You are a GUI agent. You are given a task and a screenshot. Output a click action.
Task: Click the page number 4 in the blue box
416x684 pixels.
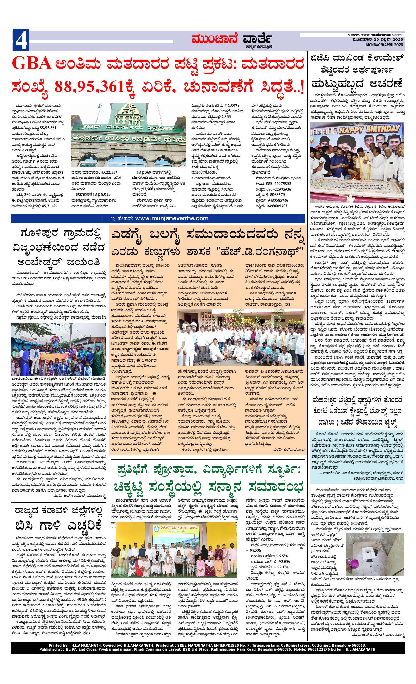coord(21,40)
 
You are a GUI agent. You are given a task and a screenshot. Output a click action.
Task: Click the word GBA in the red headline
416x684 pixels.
coord(31,64)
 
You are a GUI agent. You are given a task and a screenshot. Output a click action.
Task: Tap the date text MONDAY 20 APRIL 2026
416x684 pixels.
coord(382,45)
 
